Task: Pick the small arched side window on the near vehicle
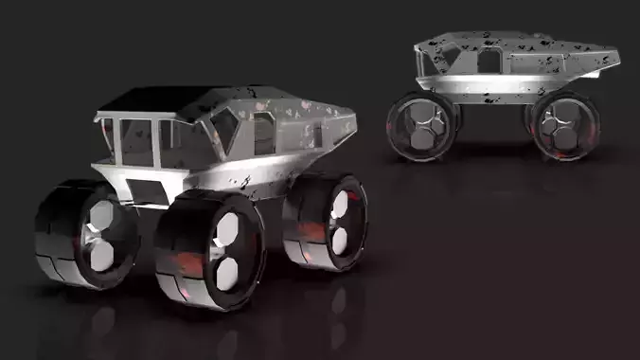pyautogui.click(x=263, y=134)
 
